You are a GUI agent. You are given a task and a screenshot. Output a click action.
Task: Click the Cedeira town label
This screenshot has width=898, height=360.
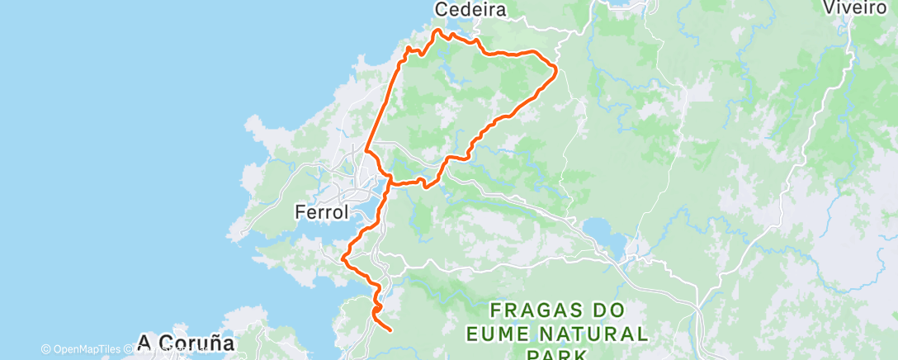[470, 9]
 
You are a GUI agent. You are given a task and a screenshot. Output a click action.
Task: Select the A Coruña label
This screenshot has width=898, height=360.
[186, 342]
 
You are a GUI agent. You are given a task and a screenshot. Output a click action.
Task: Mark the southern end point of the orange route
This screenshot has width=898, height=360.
[389, 329]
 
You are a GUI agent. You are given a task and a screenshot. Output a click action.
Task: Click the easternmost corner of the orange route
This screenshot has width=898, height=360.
[556, 70]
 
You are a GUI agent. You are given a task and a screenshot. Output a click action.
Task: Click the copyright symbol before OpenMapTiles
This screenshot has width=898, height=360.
[45, 349]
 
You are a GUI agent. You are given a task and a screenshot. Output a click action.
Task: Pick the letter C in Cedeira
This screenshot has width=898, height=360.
[442, 9]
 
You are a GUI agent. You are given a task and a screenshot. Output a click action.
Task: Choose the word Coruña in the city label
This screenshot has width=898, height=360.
[196, 342]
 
